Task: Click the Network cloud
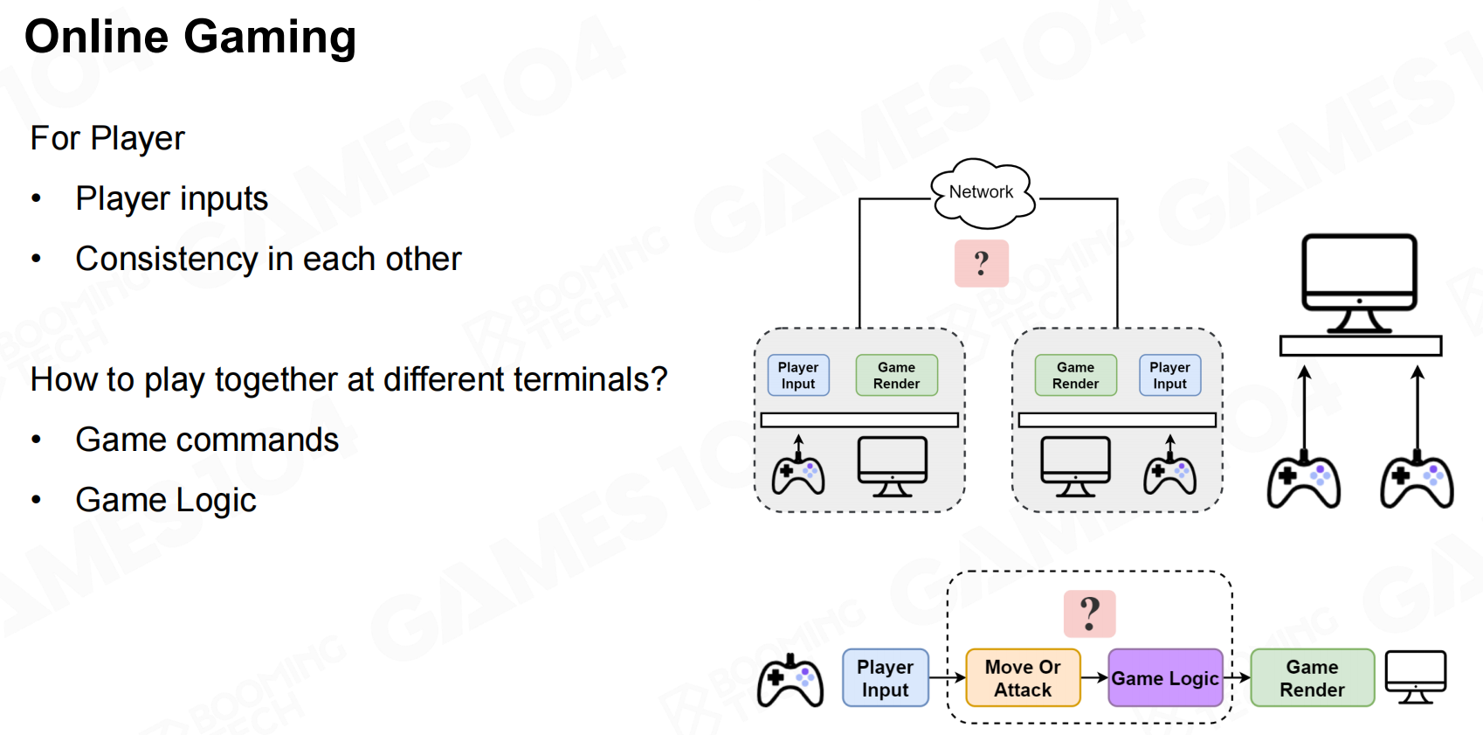[x=982, y=191]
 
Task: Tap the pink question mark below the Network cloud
[x=982, y=263]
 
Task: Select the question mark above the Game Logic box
[x=1089, y=613]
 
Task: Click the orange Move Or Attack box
[x=1023, y=678]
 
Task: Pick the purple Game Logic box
[x=1165, y=678]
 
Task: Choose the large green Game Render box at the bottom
[x=1312, y=678]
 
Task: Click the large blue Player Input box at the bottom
[x=885, y=678]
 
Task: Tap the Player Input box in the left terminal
[x=798, y=375]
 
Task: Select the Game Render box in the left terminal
[x=896, y=375]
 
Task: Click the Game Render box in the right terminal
[x=1075, y=375]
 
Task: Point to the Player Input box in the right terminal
[x=1169, y=375]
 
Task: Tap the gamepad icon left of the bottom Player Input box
[x=790, y=682]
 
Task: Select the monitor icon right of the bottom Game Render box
[x=1416, y=676]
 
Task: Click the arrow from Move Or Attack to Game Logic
[x=1094, y=678]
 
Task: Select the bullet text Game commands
[x=207, y=440]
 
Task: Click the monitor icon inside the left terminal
[x=892, y=466]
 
